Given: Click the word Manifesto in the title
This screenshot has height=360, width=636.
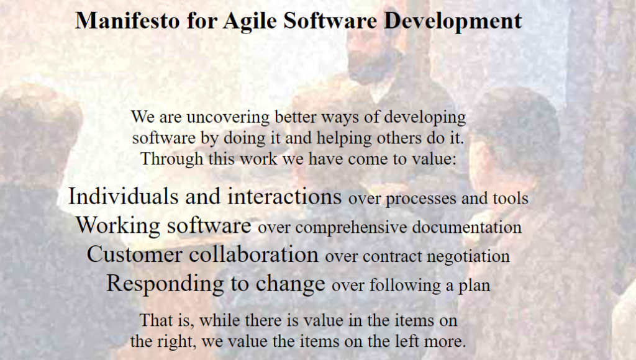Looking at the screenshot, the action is (x=127, y=20).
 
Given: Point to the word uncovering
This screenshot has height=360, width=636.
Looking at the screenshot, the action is (x=228, y=117).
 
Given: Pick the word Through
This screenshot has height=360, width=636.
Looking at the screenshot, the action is (x=171, y=159).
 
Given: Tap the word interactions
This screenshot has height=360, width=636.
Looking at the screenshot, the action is (x=284, y=196).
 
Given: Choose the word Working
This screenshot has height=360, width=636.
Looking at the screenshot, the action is (x=118, y=226).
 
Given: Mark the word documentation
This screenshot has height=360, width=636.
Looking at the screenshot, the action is (x=466, y=227).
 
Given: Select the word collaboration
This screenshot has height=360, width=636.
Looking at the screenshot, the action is (x=253, y=254).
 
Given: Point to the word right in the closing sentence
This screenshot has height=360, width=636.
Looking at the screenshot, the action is (x=174, y=342).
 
